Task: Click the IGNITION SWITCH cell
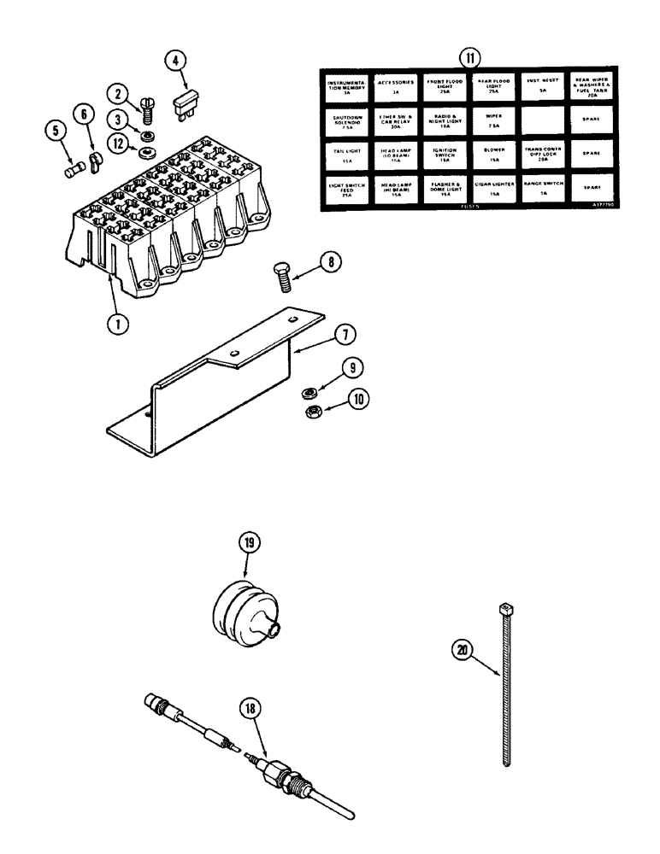(445, 153)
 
